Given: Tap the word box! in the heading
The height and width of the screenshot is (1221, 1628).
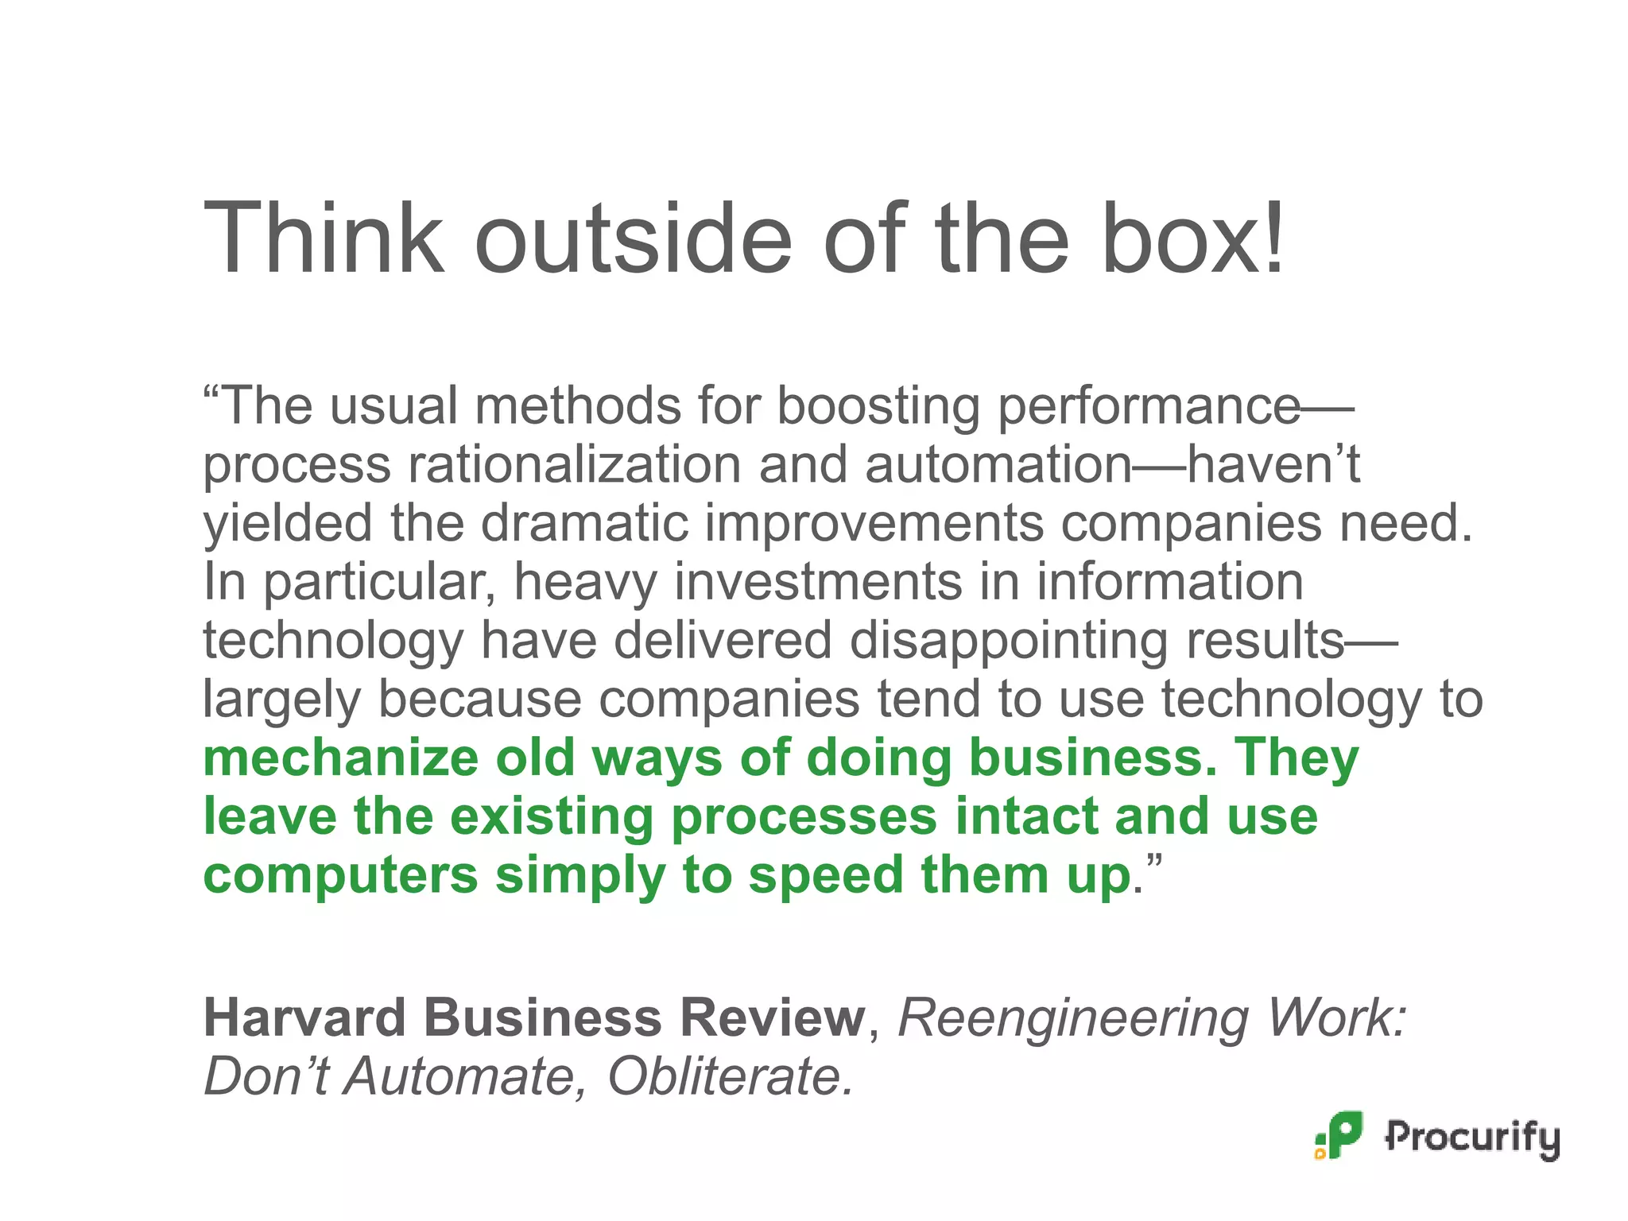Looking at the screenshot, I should coord(1192,238).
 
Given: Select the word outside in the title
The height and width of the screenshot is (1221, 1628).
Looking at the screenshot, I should coord(633,238).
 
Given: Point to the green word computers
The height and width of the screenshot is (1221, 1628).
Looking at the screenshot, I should coord(341,875).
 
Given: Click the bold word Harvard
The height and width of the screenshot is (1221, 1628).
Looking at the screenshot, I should coord(304,1017).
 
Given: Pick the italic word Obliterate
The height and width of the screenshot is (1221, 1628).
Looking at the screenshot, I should coord(731,1076).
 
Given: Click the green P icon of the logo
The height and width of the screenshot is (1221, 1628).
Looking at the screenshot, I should coord(1341,1135).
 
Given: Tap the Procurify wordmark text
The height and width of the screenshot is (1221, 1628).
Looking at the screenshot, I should coord(1472,1138).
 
